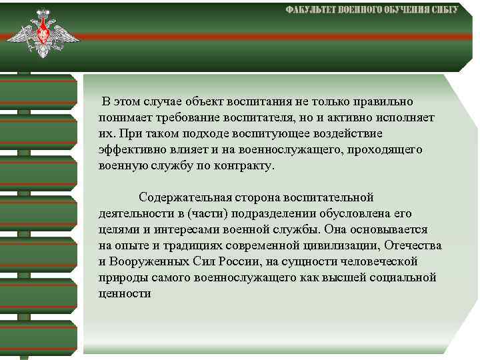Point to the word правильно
(382, 102)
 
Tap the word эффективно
(129, 150)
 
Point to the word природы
(120, 277)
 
